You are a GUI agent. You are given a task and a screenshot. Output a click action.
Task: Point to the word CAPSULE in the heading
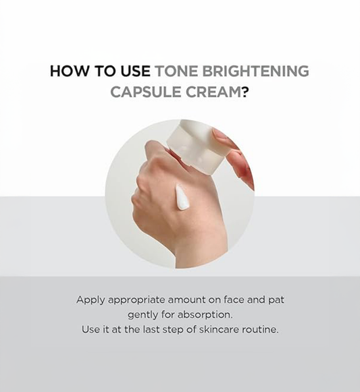click(142, 92)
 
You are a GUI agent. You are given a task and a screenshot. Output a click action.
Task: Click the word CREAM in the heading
click(208, 92)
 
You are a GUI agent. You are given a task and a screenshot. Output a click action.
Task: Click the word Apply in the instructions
click(90, 299)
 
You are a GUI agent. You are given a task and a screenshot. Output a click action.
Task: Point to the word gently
click(144, 315)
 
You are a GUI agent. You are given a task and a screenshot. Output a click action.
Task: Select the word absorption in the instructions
click(205, 315)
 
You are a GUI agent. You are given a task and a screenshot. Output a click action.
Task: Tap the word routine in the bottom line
click(263, 330)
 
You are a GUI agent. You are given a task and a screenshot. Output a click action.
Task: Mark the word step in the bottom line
click(180, 331)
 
